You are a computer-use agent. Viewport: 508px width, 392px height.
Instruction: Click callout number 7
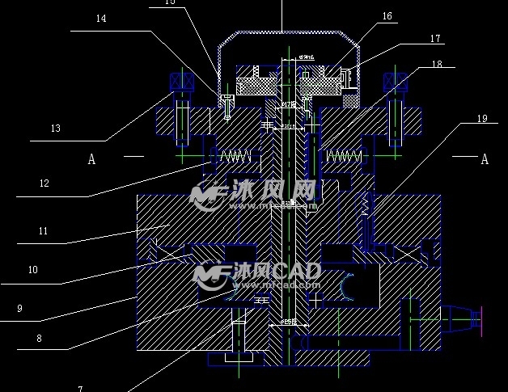click(x=80, y=388)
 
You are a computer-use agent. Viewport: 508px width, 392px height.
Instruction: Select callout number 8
click(x=39, y=339)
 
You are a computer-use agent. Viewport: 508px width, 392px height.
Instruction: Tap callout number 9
click(x=19, y=308)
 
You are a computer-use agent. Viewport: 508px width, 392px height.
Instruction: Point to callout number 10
click(x=32, y=270)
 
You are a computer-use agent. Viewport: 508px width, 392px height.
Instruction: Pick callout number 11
click(x=43, y=231)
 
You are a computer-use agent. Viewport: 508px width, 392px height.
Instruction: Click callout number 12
click(x=44, y=183)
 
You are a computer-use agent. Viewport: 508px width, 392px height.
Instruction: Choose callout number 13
click(x=55, y=129)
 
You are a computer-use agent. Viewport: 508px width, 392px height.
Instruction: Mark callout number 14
click(x=100, y=19)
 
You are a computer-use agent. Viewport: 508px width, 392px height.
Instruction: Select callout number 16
click(x=387, y=16)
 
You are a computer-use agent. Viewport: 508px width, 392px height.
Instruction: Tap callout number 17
click(x=435, y=38)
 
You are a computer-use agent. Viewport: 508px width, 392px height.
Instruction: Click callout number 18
click(x=437, y=64)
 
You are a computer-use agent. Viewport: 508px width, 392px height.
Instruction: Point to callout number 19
click(x=482, y=119)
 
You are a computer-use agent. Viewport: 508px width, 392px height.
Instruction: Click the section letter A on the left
click(x=91, y=159)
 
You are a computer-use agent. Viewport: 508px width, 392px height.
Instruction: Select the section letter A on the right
click(x=485, y=159)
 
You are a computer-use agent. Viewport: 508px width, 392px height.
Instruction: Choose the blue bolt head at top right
click(x=396, y=82)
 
